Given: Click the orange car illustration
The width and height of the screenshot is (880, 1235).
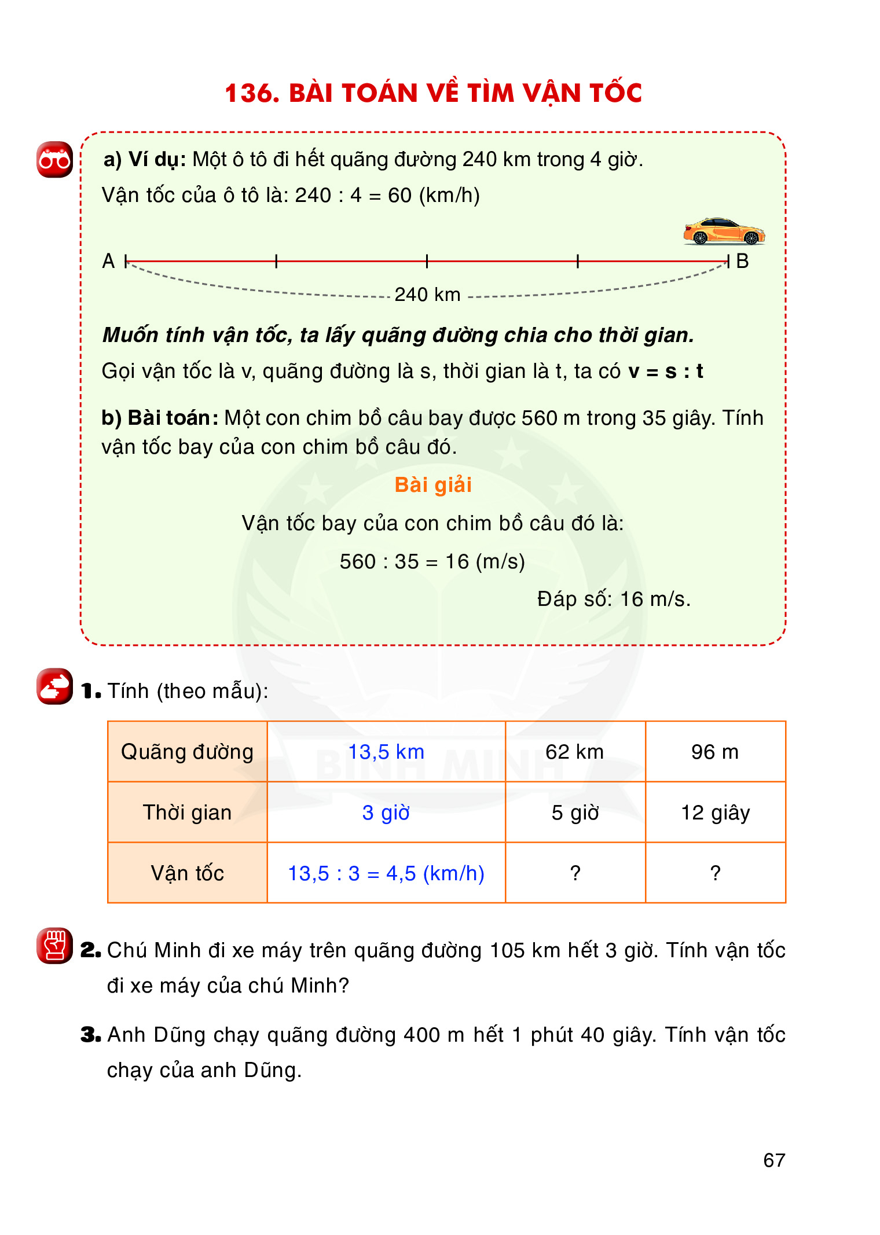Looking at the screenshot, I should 724,231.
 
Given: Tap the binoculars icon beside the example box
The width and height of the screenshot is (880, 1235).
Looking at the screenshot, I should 54,159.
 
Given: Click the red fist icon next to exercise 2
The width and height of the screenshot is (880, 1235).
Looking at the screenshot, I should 54,945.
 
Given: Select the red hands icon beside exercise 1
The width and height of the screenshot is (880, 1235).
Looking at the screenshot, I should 54,686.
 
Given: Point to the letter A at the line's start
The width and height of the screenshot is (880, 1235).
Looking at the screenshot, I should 108,261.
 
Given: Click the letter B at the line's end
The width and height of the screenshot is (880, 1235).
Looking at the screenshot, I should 742,261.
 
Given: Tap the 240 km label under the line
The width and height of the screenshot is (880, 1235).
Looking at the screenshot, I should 427,295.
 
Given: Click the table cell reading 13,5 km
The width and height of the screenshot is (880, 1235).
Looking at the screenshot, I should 386,752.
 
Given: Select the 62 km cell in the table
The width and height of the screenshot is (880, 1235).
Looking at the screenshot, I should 574,752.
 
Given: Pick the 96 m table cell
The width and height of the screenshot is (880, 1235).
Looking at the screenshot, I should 715,752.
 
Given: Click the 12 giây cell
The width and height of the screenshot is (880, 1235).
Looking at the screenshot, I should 715,813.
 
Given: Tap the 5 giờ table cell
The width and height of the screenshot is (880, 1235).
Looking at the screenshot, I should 574,813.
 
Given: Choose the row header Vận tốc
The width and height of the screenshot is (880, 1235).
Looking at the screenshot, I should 187,873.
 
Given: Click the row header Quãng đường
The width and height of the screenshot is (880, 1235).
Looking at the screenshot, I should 187,752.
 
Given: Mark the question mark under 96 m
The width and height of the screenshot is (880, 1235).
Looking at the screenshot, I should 715,873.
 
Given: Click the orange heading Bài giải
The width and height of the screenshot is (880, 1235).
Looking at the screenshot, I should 433,485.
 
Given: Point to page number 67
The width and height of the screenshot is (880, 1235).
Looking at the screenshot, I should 774,1160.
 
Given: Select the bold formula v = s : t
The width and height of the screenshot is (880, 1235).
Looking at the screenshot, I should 666,371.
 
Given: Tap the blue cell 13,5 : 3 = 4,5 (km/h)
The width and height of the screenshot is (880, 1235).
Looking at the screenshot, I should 386,873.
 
